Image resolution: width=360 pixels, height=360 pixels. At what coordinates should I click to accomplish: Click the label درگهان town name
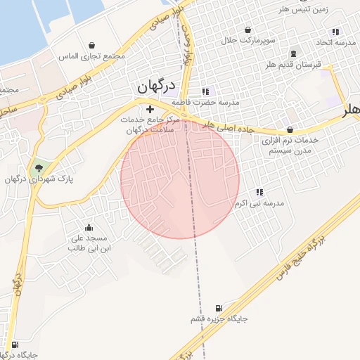(x=155, y=88)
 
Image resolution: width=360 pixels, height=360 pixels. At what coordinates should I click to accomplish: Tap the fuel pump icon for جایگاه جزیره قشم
(x=219, y=308)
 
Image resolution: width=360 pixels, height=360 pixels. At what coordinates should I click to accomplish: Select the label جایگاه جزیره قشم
(x=219, y=319)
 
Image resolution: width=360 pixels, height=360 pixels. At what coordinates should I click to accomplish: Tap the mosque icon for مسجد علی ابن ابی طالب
(x=89, y=227)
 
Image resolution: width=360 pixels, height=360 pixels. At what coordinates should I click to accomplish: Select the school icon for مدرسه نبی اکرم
(x=259, y=192)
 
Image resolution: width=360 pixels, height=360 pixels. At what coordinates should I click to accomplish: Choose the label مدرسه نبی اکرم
(x=259, y=203)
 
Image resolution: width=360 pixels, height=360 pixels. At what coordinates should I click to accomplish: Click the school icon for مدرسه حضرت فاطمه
(x=205, y=91)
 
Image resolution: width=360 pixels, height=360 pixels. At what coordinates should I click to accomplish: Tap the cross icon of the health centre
(x=149, y=110)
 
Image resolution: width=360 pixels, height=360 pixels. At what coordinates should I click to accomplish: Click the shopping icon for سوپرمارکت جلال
(x=247, y=30)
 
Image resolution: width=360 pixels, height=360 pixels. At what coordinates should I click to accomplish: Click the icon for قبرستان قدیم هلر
(x=293, y=53)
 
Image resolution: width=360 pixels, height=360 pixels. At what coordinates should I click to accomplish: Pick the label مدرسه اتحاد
(x=335, y=43)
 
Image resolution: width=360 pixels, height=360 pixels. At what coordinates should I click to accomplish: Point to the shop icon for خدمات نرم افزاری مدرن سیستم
(x=290, y=129)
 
